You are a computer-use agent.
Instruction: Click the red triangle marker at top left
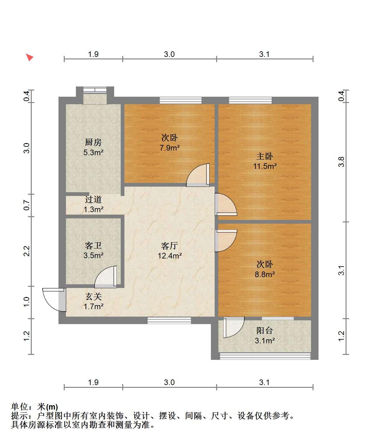(x=30, y=57)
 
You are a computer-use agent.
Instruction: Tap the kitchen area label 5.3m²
(x=93, y=152)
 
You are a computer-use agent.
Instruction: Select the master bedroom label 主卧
(x=265, y=156)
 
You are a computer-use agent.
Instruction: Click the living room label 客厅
(x=170, y=246)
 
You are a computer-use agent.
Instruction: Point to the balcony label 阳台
(x=265, y=331)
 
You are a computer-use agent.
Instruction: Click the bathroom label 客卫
(x=93, y=245)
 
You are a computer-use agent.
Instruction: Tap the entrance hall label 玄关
(x=93, y=297)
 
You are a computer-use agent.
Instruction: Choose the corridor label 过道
(x=93, y=200)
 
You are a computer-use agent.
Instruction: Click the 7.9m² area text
(x=170, y=148)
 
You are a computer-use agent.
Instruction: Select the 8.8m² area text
(x=265, y=274)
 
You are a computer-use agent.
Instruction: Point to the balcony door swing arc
(x=234, y=327)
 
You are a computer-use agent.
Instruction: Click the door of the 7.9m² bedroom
(x=198, y=175)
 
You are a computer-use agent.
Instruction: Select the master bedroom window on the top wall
(x=250, y=100)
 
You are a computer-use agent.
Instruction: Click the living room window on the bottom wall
(x=169, y=320)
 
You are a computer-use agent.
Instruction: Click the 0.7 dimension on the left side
(x=26, y=205)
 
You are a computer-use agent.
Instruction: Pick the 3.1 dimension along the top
(x=264, y=54)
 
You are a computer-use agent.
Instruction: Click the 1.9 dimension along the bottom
(x=93, y=383)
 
